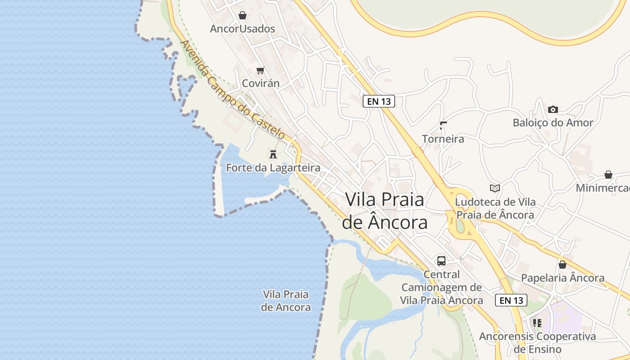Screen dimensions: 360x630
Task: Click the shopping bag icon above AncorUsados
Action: click(243, 16)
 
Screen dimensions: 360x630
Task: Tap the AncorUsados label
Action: click(243, 29)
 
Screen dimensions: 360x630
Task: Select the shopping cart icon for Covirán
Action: click(260, 70)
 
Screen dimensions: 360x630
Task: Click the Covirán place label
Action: click(261, 83)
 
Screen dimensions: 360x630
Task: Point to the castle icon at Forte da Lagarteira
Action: click(273, 154)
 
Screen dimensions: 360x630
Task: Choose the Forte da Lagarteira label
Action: click(273, 168)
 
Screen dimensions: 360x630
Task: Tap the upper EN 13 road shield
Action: click(379, 101)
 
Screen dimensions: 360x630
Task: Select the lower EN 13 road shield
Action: click(511, 300)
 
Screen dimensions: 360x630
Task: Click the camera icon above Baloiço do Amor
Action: click(553, 109)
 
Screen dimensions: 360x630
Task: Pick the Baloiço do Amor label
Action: click(553, 122)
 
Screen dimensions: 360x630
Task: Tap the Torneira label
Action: click(443, 139)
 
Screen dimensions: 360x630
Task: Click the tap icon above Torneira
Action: click(443, 126)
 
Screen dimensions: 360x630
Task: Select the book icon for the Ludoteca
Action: click(495, 188)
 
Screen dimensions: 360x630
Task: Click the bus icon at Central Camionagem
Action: click(441, 261)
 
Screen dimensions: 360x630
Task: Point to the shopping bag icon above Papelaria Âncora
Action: click(562, 265)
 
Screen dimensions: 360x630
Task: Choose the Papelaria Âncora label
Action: click(562, 278)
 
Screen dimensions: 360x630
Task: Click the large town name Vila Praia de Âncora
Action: click(385, 211)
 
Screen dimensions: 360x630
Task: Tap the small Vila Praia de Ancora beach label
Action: click(286, 301)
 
